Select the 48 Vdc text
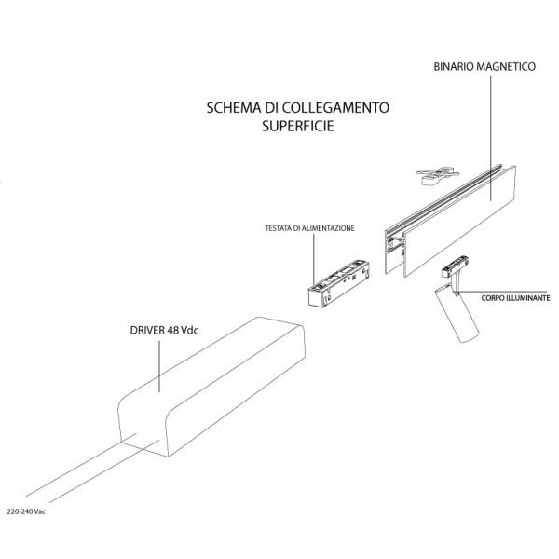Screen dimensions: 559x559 point(187,330)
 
